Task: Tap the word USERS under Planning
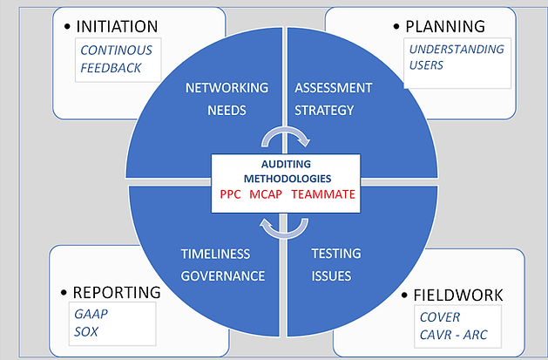coord(427,65)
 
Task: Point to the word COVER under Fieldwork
coord(439,317)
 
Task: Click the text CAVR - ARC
coord(454,335)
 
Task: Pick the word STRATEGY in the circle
coord(324,110)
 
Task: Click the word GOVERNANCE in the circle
coord(223,276)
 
